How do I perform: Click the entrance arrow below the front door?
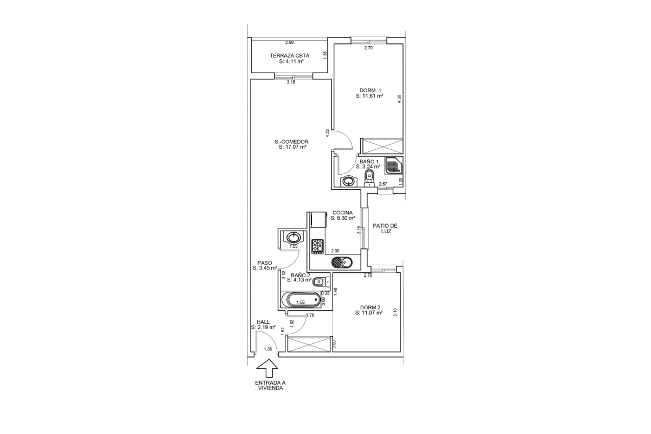(267, 368)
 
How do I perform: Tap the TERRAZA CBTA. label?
(290, 55)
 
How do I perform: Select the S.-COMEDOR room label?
(291, 142)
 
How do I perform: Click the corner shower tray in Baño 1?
(393, 165)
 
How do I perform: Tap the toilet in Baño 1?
(369, 178)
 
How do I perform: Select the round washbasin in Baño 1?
(348, 181)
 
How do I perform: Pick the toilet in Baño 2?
(321, 282)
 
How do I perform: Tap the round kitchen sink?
(341, 262)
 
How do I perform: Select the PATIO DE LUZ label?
(385, 228)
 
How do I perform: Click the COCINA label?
(343, 213)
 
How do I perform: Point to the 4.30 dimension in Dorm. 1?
(399, 99)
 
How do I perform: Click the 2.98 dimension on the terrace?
(289, 42)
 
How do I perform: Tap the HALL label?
(263, 322)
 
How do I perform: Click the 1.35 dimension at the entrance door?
(267, 349)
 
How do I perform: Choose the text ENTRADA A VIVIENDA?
(270, 386)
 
